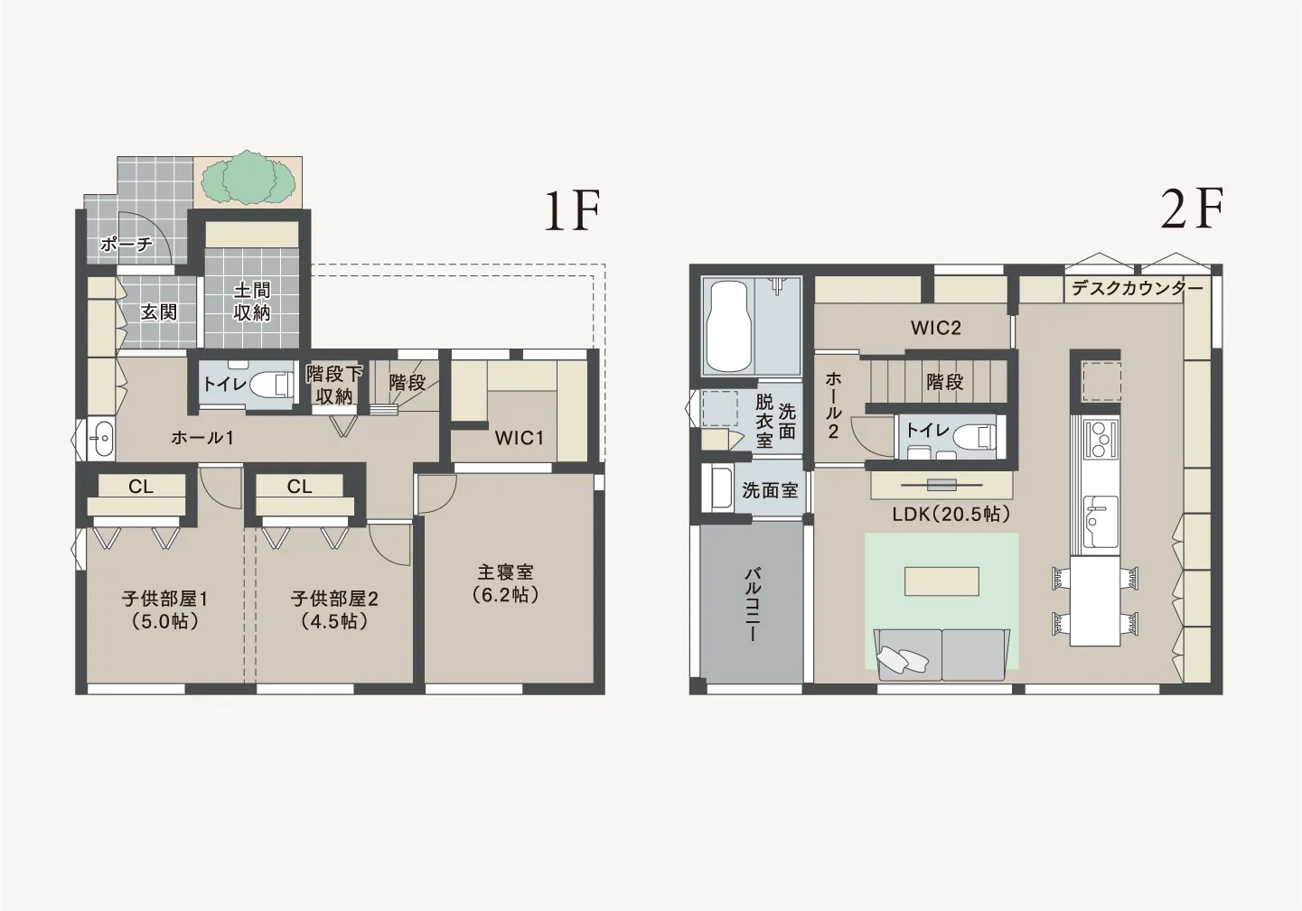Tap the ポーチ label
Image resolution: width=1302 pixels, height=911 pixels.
tap(126, 244)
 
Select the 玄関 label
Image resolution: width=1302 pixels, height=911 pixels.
tap(159, 312)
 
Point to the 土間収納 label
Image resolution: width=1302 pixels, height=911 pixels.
tap(252, 301)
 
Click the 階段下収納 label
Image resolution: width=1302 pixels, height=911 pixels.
tap(334, 384)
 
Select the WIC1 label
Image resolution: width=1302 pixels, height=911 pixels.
tap(519, 438)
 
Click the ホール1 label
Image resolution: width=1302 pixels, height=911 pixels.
tap(202, 438)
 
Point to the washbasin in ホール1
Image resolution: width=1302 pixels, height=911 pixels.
tap(103, 440)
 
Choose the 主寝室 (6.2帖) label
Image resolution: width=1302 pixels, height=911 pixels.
tap(505, 584)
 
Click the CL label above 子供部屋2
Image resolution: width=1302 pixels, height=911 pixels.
tap(299, 487)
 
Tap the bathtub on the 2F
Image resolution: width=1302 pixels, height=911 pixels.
tap(727, 327)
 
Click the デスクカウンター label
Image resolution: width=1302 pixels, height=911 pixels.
tap(1137, 288)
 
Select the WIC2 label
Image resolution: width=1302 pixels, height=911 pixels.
tap(936, 328)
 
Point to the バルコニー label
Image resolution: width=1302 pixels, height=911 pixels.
tap(752, 605)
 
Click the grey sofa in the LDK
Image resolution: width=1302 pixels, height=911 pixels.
tap(941, 655)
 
